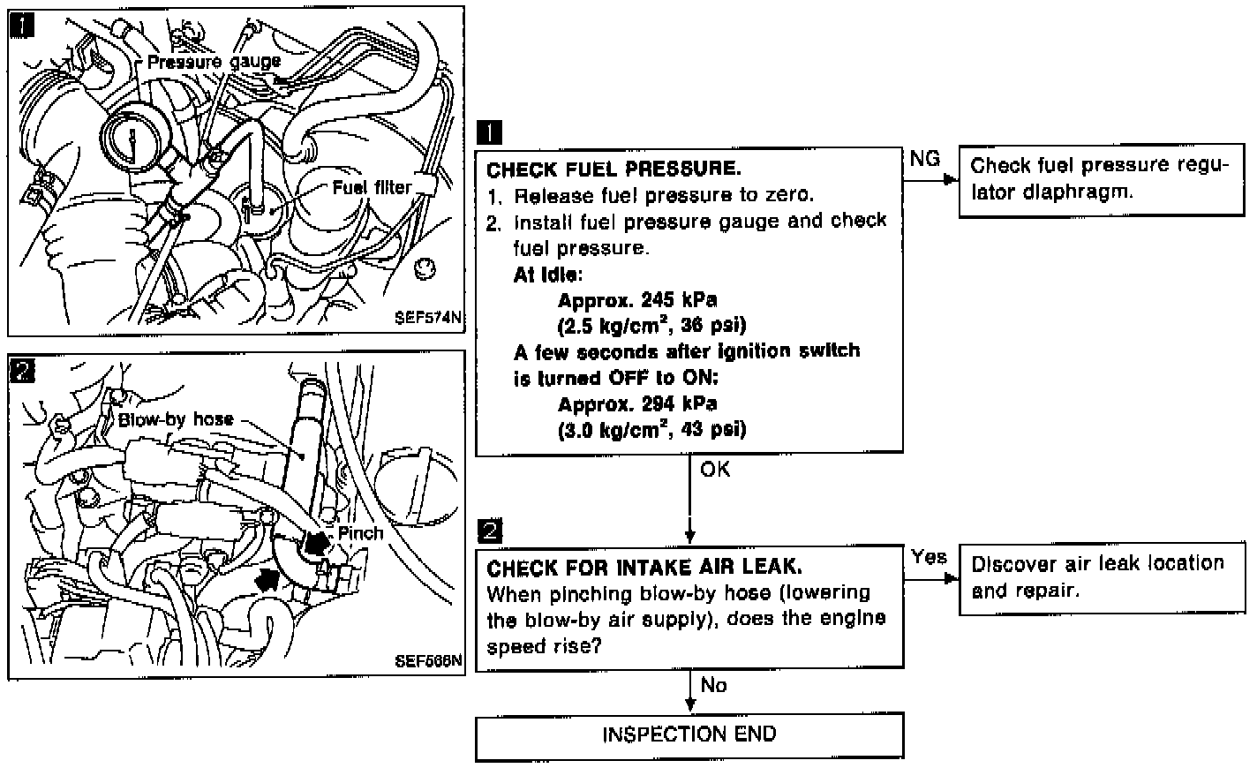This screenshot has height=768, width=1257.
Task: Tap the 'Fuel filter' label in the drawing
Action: point(372,187)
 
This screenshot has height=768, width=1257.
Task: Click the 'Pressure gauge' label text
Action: point(214,62)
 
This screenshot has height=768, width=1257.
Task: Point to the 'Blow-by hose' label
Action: point(176,419)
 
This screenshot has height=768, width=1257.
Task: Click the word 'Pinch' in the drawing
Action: point(360,533)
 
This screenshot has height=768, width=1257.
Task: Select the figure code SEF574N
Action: point(428,320)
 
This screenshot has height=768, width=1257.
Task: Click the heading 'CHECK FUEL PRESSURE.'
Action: point(613,169)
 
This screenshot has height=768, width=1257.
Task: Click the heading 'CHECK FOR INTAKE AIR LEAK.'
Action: point(644,567)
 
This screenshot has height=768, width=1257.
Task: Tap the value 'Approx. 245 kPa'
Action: point(637,299)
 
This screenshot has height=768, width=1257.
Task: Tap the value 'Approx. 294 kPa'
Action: point(637,404)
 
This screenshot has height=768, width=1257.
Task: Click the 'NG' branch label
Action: point(924,159)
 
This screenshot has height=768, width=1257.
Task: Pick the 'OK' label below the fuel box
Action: point(715,470)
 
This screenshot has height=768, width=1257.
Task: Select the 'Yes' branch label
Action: point(929,557)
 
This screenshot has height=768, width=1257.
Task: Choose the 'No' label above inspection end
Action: point(713,685)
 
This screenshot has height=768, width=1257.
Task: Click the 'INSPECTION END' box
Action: point(689,735)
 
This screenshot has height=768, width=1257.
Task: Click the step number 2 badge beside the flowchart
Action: point(489,531)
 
